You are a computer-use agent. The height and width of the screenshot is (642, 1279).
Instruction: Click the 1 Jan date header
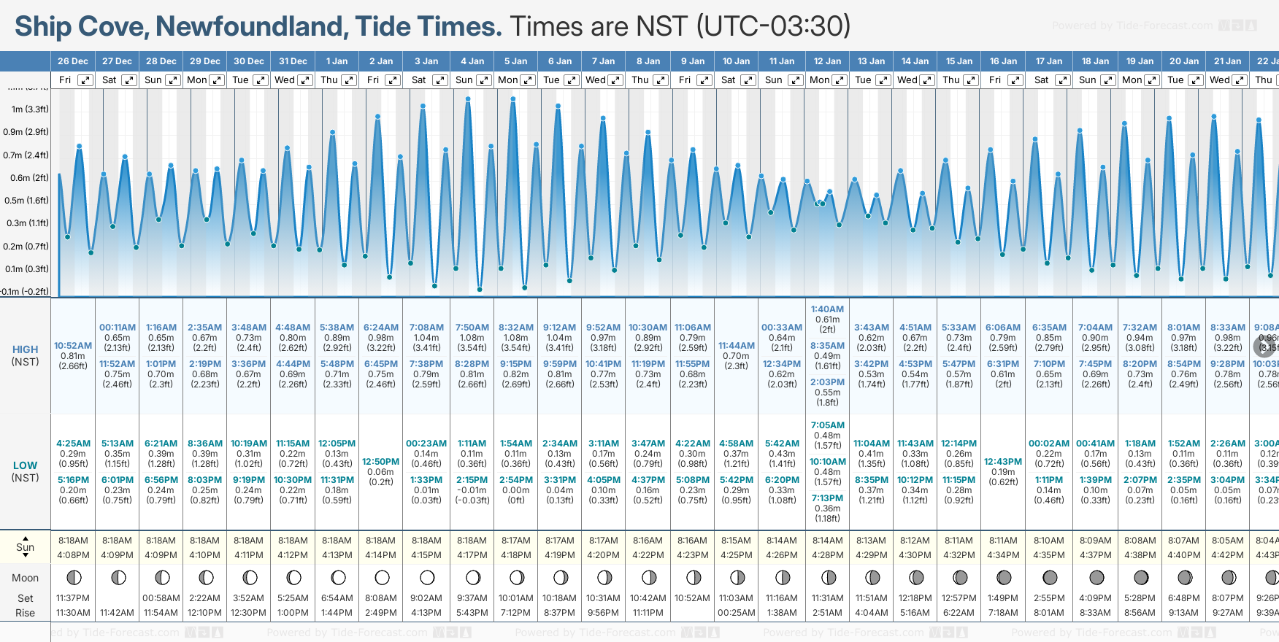tap(337, 61)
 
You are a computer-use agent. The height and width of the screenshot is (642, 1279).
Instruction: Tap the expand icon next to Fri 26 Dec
tap(85, 80)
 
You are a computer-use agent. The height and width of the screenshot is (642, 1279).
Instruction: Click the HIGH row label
tap(25, 349)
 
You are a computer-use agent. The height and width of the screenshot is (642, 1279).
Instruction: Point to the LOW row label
tap(25, 465)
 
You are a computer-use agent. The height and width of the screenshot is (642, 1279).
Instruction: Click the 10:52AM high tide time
tap(73, 346)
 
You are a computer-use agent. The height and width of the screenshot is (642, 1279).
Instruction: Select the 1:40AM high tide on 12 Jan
tap(827, 309)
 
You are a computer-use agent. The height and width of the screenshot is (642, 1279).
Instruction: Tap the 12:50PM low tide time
tap(381, 462)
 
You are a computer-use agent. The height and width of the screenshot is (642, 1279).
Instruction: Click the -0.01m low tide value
tap(472, 490)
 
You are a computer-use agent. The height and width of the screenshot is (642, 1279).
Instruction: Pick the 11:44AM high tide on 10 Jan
tap(737, 346)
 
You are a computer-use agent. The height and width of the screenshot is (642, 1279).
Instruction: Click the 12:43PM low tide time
tap(1003, 462)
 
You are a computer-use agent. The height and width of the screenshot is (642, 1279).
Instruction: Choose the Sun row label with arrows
tap(25, 547)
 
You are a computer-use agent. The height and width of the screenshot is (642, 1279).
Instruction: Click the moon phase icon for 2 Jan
tap(382, 578)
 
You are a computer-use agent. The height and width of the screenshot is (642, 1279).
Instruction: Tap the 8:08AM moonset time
tap(381, 598)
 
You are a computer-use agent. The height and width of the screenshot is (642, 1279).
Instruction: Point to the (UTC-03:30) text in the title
tap(773, 26)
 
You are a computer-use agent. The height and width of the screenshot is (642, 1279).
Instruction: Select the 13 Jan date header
tap(872, 61)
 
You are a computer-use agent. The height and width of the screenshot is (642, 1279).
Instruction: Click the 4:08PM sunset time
tap(73, 555)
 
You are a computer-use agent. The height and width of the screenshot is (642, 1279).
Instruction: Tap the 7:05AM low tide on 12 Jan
tap(827, 425)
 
